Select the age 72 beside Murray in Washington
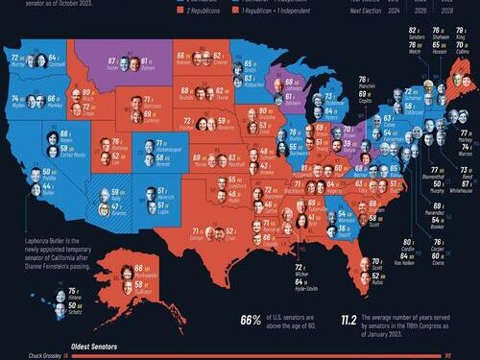pyautogui.click(x=12, y=58)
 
